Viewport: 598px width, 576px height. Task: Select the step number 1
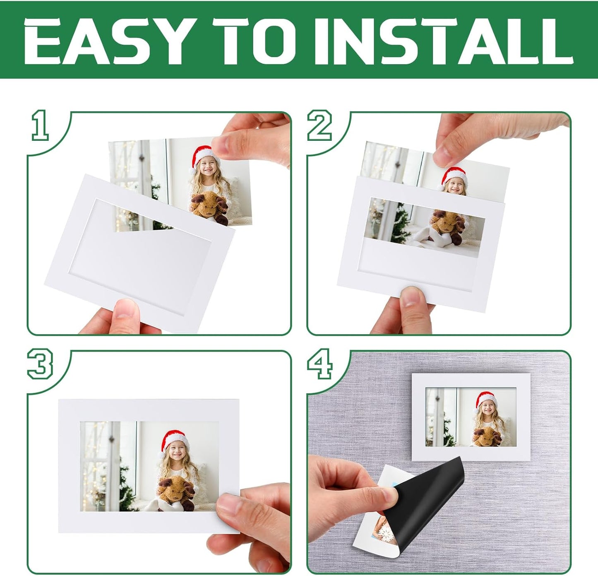40,125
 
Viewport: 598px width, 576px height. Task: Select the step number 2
319,125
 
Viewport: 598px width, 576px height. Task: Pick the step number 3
40,364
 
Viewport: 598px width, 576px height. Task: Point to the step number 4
319,364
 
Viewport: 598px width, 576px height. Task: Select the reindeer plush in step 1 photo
211,205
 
